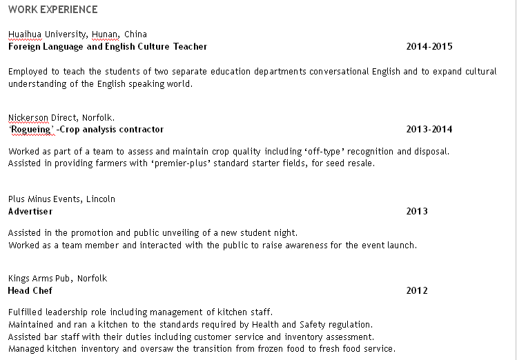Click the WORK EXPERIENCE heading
pyautogui.click(x=52, y=10)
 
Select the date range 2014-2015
pyautogui.click(x=429, y=47)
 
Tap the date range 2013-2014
pyautogui.click(x=429, y=130)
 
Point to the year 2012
pyautogui.click(x=417, y=291)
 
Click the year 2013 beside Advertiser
pyautogui.click(x=417, y=212)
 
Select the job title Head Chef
pyautogui.click(x=30, y=291)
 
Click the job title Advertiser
pyautogui.click(x=30, y=212)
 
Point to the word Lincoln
pyautogui.click(x=101, y=199)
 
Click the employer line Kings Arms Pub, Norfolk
pyautogui.click(x=57, y=279)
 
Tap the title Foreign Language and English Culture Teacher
pyautogui.click(x=108, y=47)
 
